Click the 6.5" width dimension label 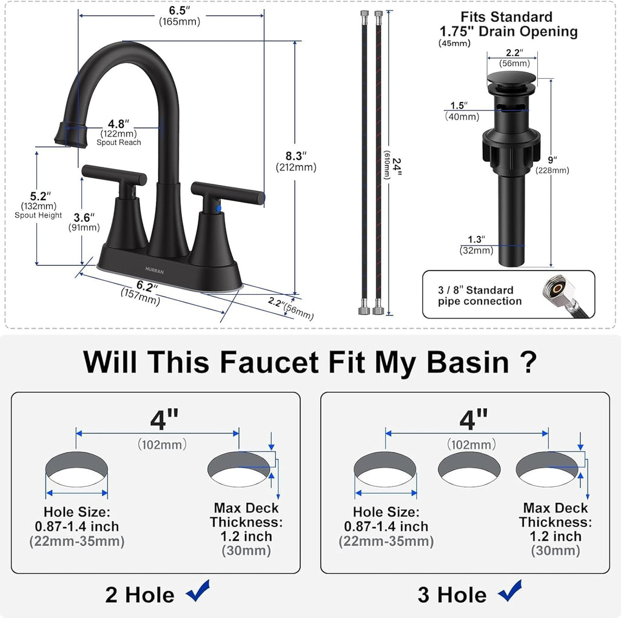click(x=180, y=10)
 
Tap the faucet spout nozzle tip click(x=67, y=133)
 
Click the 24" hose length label click(x=397, y=164)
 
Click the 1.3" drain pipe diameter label click(x=476, y=239)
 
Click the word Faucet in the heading click(x=269, y=362)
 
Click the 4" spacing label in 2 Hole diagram click(x=164, y=418)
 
